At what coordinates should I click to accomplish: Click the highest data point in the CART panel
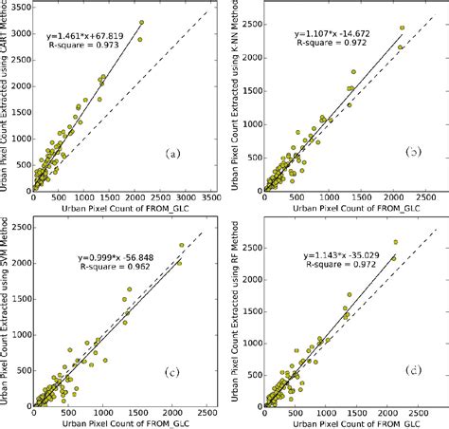click(141, 22)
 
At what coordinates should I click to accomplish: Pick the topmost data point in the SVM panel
click(181, 245)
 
